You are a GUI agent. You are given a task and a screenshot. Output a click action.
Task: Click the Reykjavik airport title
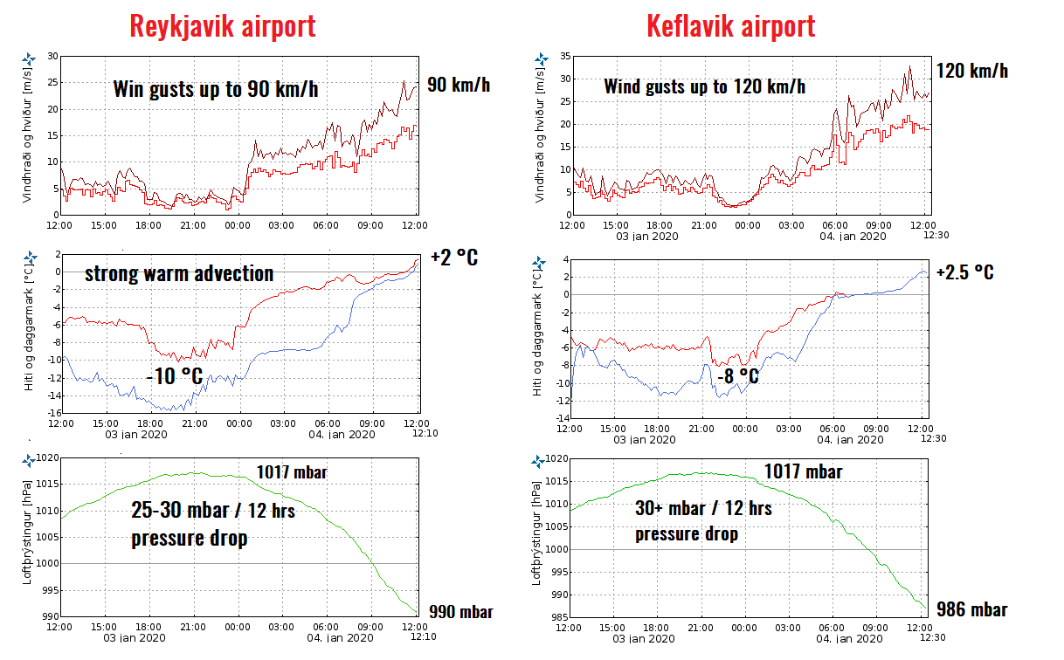222,25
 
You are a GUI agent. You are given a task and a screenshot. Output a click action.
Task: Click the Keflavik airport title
730,25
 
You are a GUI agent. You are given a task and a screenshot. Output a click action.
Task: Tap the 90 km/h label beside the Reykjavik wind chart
459,85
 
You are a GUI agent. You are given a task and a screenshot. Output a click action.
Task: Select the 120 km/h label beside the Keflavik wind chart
971,71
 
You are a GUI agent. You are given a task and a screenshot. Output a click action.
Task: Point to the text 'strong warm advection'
179,273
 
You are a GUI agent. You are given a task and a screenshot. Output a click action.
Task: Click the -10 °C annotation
174,378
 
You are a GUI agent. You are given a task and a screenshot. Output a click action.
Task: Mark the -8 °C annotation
737,377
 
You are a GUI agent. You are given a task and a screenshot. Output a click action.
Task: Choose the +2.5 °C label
964,272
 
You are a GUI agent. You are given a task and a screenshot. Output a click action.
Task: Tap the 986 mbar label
971,609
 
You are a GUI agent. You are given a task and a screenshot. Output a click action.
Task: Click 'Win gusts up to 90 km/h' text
215,89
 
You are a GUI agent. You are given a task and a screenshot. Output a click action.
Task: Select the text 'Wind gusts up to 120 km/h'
704,86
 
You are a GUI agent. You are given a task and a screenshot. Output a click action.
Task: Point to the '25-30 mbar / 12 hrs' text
213,510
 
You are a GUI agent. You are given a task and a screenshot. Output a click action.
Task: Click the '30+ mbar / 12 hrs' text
703,507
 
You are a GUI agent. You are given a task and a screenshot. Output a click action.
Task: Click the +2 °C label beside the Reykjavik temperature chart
454,258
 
